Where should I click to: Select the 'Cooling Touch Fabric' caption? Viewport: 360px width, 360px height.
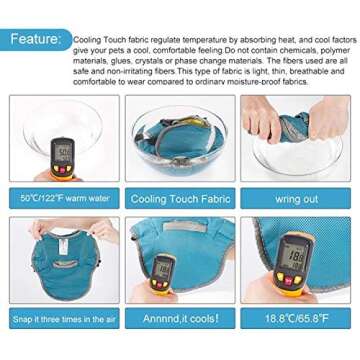(181, 198)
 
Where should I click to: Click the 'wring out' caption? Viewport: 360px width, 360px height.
(299, 198)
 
